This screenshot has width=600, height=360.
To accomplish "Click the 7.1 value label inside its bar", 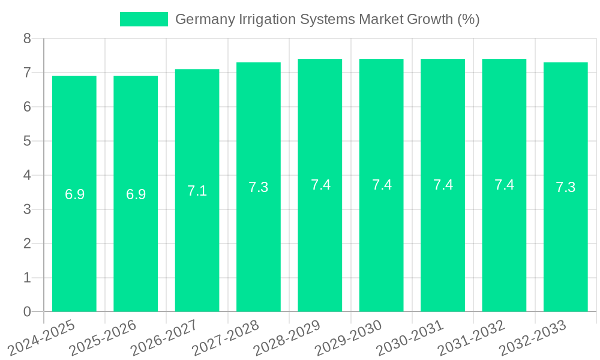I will pos(197,191).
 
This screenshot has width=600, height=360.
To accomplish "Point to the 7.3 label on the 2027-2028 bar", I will pos(258,187).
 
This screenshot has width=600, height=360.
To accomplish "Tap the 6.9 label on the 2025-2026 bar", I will pos(136,194).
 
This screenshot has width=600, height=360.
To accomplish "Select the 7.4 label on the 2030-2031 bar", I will pos(443,185).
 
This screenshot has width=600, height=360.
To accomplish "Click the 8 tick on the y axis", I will pos(27,39).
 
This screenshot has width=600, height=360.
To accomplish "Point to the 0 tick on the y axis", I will pos(27,311).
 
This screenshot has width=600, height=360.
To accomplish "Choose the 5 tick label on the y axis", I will pos(27,141).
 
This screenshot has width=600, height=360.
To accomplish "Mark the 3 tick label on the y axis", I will pos(27,209).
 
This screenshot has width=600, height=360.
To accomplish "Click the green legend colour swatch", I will pos(144,19).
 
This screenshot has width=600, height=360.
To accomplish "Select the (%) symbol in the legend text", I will pos(468,19).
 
